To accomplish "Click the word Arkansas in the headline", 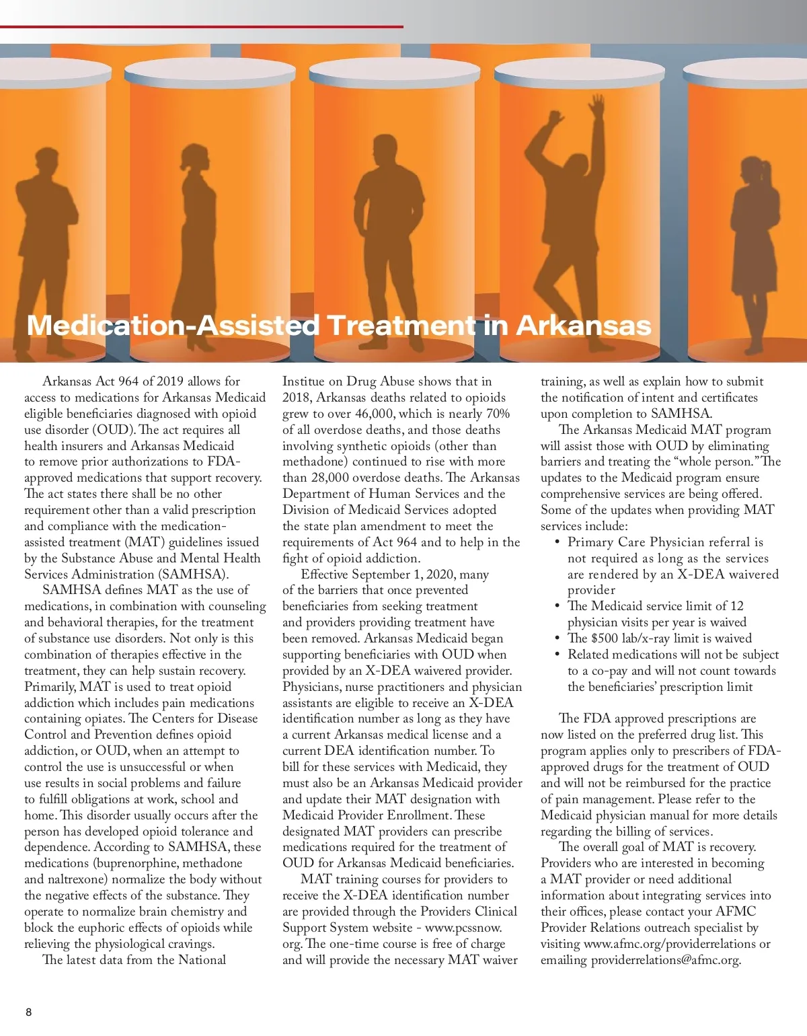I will (x=584, y=326).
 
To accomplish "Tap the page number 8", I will (x=28, y=1012).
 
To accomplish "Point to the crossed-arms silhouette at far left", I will (x=47, y=242).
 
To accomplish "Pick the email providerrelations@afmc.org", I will (x=666, y=960).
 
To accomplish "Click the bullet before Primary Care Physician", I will (x=558, y=542).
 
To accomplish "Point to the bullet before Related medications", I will (x=558, y=655).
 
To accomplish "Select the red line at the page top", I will (x=202, y=27).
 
